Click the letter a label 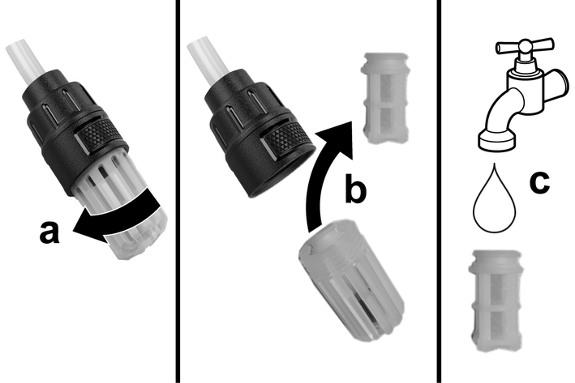coord(49,232)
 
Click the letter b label coord(355,188)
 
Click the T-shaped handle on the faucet coord(525,47)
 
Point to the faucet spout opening coord(497,142)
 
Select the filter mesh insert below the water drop coord(496,301)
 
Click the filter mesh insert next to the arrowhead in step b coord(384,98)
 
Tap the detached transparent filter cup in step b coord(351,280)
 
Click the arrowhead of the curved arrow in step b coord(337,138)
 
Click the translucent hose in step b coord(208,60)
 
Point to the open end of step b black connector coord(282,172)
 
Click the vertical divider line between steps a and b coord(178,191)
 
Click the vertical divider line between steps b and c coord(439,191)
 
